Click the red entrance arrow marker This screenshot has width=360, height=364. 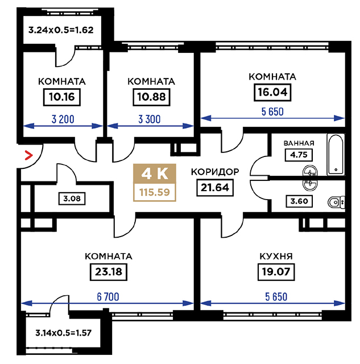pyautogui.click(x=29, y=155)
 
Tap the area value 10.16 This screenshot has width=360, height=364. pyautogui.click(x=62, y=97)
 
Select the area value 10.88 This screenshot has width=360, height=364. pyautogui.click(x=151, y=97)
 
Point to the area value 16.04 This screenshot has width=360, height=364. pyautogui.click(x=272, y=92)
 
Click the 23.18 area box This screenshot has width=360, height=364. pyautogui.click(x=109, y=272)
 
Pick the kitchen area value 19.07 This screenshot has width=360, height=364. pyautogui.click(x=276, y=272)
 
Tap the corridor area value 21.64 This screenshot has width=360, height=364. pyautogui.click(x=215, y=188)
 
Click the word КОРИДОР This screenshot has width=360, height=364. pyautogui.click(x=215, y=172)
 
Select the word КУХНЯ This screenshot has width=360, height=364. pyautogui.click(x=276, y=257)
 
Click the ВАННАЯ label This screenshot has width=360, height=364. pyautogui.click(x=299, y=143)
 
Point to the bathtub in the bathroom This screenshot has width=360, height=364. pyautogui.click(x=336, y=155)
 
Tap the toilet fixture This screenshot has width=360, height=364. pyautogui.click(x=336, y=202)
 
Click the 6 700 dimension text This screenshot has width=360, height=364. pyautogui.click(x=108, y=297)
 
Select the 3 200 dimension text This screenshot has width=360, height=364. pyautogui.click(x=63, y=119)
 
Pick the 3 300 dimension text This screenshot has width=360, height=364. pyautogui.click(x=150, y=119)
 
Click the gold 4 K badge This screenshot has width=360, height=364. pyautogui.click(x=155, y=174)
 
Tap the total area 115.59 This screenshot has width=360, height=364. pyautogui.click(x=155, y=192)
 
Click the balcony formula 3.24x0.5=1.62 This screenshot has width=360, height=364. pyautogui.click(x=61, y=30)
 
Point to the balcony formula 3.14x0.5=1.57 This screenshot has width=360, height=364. pyautogui.click(x=63, y=333)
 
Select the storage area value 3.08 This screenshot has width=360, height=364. pyautogui.click(x=72, y=198)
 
